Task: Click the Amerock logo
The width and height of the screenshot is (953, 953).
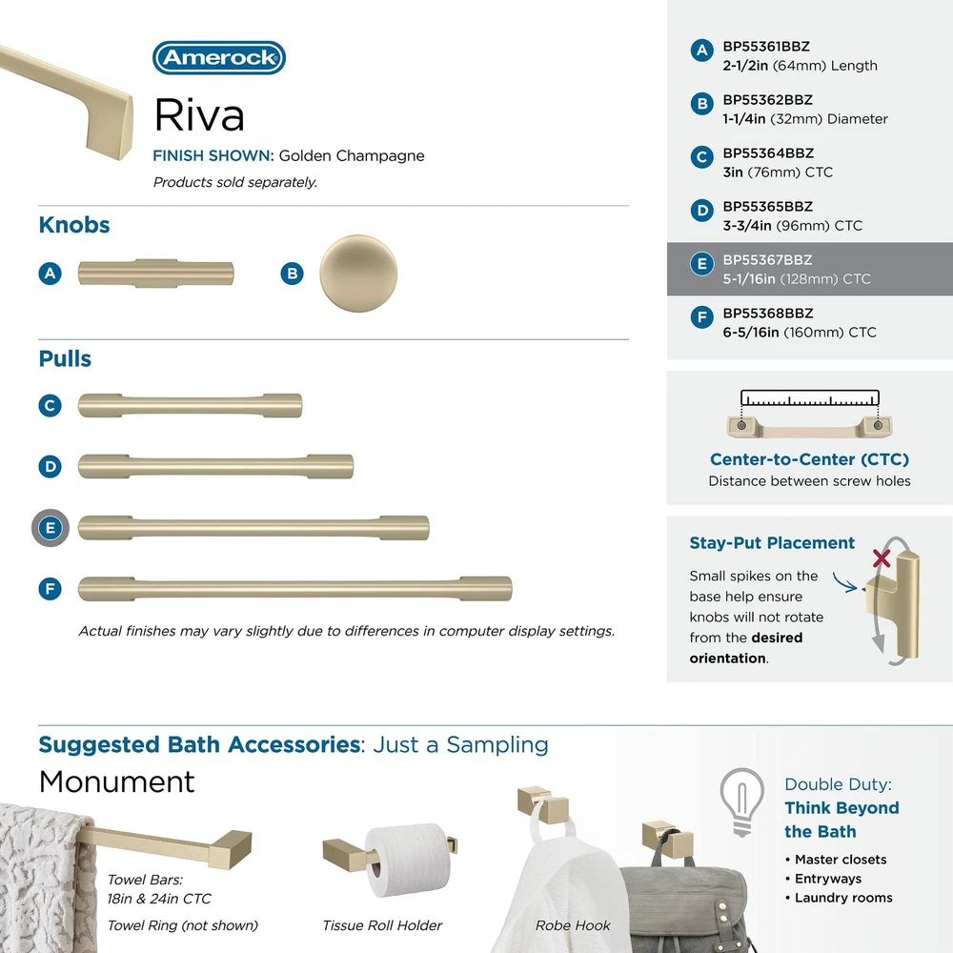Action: pyautogui.click(x=219, y=58)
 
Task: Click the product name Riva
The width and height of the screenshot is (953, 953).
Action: pyautogui.click(x=199, y=115)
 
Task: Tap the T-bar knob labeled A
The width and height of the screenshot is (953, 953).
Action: pyautogui.click(x=155, y=274)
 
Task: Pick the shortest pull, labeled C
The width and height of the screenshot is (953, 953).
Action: pyautogui.click(x=190, y=405)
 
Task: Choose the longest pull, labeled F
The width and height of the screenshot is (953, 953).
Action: pyautogui.click(x=294, y=588)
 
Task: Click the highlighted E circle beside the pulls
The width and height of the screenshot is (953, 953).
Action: pyautogui.click(x=51, y=527)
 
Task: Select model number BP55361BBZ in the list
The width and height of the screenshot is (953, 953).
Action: pyautogui.click(x=766, y=46)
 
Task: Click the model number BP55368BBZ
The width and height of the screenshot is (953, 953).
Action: pyautogui.click(x=767, y=313)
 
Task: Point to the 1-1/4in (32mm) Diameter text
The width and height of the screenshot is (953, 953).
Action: pyautogui.click(x=804, y=119)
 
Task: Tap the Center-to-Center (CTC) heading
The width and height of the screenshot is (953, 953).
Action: pyautogui.click(x=809, y=459)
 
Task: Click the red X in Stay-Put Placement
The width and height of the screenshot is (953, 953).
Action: pyautogui.click(x=882, y=558)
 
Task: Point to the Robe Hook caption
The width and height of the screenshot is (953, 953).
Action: pyautogui.click(x=573, y=925)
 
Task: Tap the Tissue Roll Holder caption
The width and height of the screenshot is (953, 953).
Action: pyautogui.click(x=382, y=925)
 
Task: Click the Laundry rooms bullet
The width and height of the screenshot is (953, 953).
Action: pyautogui.click(x=843, y=898)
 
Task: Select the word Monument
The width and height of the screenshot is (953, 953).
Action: pyautogui.click(x=116, y=782)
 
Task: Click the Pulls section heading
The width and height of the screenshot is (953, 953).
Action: pyautogui.click(x=65, y=359)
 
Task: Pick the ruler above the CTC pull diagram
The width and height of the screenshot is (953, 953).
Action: pyautogui.click(x=809, y=398)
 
